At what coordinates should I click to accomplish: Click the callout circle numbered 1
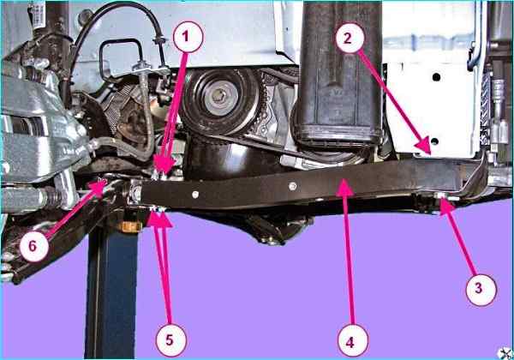coord(188,37)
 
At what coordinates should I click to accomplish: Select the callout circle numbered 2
coord(350,38)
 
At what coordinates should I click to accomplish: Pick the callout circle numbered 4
coord(353,340)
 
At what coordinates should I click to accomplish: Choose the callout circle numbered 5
coord(170,340)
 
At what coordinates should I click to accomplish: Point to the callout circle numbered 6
coord(34,246)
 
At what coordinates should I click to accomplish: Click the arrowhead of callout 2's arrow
coord(425,146)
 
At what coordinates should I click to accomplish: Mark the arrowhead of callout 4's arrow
coord(344,187)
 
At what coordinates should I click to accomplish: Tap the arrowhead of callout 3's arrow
coord(445,207)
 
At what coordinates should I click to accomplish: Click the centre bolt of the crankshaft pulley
coord(217,95)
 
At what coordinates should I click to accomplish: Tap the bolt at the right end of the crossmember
coord(440,195)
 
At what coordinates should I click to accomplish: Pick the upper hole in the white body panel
coord(436,77)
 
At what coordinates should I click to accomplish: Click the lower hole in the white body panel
coord(434,141)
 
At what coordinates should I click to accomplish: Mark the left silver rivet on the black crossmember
coord(195,195)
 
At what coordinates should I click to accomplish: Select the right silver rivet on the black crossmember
coord(293,187)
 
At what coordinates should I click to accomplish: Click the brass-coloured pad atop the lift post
coord(130,226)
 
